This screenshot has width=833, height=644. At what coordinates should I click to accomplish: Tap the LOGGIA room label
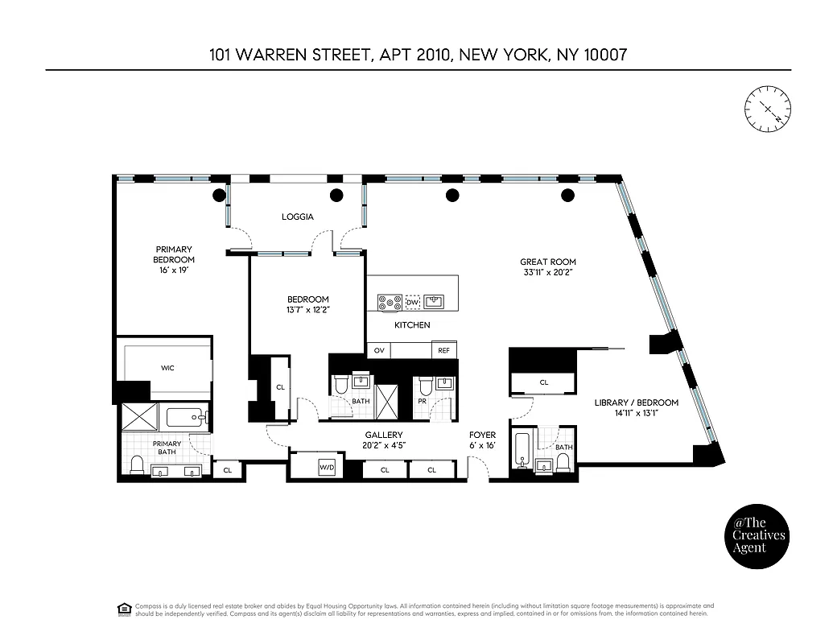tap(297, 217)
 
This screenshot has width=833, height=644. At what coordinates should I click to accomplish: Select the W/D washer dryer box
tap(327, 468)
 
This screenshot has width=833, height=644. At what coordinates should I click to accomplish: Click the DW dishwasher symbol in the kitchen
tap(412, 303)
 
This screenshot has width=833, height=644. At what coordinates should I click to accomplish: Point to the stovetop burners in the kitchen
tap(390, 303)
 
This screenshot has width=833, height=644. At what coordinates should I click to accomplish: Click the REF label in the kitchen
tap(443, 351)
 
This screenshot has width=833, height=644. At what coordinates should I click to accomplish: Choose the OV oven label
tap(378, 351)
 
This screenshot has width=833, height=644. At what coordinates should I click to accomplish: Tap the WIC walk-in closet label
tap(167, 368)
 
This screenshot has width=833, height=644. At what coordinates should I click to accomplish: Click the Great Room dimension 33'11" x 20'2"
tap(548, 272)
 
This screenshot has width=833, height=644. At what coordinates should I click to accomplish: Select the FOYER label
tap(483, 435)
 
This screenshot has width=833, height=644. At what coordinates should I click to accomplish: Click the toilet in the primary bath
tap(137, 465)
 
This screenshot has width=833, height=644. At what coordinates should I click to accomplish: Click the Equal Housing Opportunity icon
tap(124, 608)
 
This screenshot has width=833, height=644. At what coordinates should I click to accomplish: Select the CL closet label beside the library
tap(544, 382)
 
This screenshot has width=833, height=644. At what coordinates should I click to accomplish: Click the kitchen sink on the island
tap(435, 302)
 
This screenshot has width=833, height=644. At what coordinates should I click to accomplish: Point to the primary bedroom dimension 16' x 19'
tap(174, 270)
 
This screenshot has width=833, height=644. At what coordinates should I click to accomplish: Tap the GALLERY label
tap(384, 435)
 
